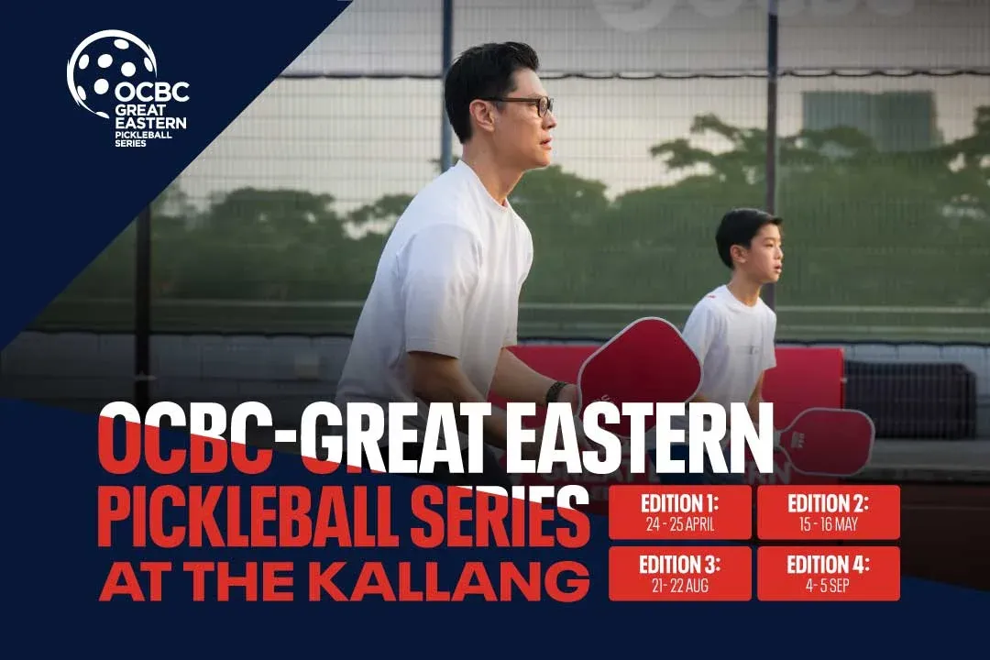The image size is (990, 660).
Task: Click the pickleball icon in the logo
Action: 111,71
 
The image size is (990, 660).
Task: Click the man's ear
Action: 482,115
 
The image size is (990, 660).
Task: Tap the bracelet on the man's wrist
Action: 555,393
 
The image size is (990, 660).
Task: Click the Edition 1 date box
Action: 680,512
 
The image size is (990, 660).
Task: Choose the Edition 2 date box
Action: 829,512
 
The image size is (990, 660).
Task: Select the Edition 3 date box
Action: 680,574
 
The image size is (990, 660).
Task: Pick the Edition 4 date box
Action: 829,574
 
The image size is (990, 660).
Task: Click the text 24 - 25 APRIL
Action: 680,523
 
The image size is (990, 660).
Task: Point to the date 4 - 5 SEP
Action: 827,586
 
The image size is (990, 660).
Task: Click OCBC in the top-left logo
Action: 151,92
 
